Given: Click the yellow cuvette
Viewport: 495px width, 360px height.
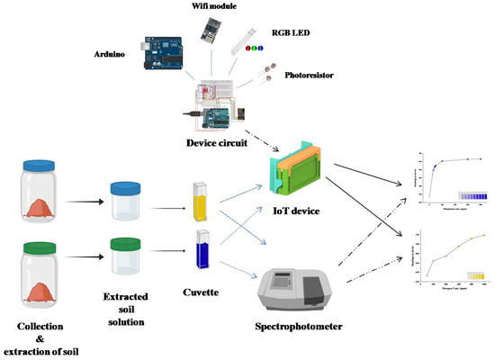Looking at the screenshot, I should click(202, 202).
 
